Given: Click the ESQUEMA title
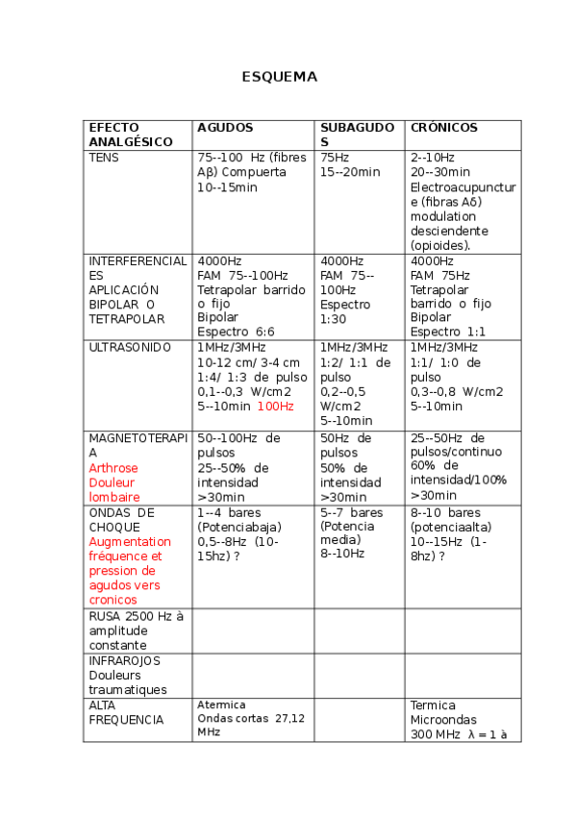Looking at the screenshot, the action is coord(279,77).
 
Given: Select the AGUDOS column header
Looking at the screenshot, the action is coord(225,128).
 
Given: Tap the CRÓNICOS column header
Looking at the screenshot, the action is coord(443,128).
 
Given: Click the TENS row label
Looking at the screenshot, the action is coord(104,158).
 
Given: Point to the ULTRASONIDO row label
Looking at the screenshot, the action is coord(130,348).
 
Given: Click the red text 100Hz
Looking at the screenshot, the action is coord(275,407).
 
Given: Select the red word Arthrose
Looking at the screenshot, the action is coord(113,468).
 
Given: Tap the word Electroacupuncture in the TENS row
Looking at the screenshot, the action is coord(463,187).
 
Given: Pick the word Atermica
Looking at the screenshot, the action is coord(221,704).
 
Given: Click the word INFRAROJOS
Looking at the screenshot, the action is coord(124,661).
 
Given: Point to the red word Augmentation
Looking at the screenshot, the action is coord(130,542).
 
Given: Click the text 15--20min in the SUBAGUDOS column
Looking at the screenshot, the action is coord(350,172).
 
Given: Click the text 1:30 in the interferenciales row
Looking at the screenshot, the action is coord(334,319).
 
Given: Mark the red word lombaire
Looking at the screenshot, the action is coord(114,497).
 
